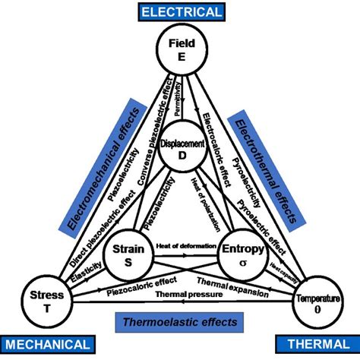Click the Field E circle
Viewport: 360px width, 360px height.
[179, 50]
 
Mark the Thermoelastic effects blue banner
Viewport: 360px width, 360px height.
[179, 321]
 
